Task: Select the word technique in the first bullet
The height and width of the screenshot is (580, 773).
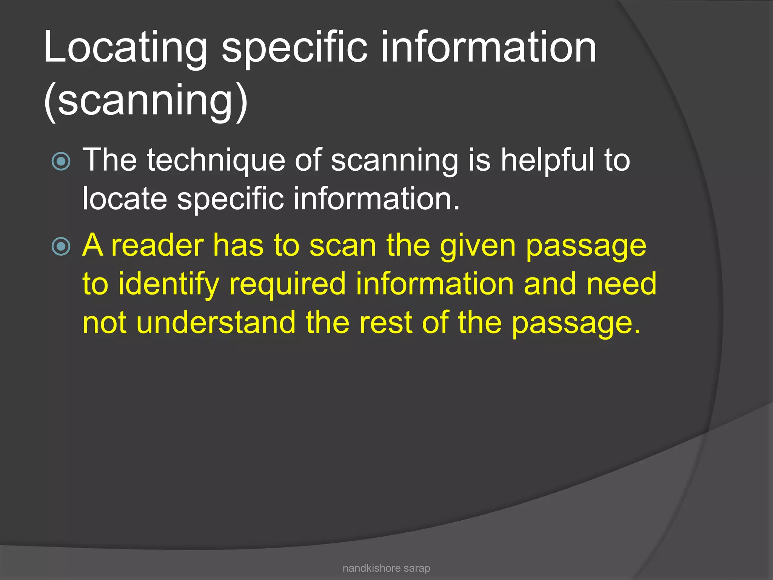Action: tap(216, 161)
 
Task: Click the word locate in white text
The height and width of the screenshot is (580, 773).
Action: tap(125, 199)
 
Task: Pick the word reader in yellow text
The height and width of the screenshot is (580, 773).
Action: tap(158, 246)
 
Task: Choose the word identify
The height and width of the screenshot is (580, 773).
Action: tap(168, 285)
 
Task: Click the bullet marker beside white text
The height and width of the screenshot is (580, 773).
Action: tap(61, 162)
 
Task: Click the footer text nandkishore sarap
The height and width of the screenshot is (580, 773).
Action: tap(386, 568)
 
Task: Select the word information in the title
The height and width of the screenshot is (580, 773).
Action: tap(489, 48)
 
